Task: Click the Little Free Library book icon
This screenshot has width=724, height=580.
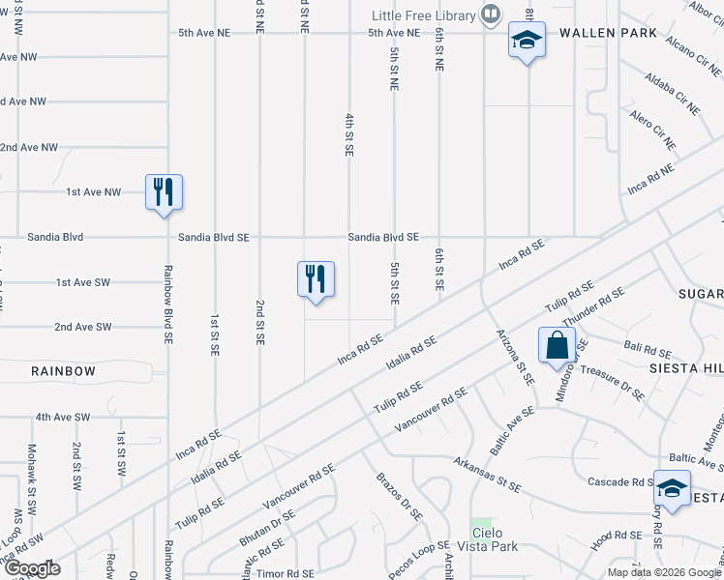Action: [x=492, y=14]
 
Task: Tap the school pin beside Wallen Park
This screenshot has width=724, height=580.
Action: [x=527, y=41]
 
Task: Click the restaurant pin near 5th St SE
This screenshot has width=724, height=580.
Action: [x=316, y=279]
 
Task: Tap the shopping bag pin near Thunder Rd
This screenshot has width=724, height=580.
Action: [x=558, y=345]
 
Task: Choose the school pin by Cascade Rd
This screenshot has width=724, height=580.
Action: [x=672, y=486]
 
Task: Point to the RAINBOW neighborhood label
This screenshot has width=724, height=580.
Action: [x=63, y=371]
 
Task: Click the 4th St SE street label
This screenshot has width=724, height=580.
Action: [x=347, y=134]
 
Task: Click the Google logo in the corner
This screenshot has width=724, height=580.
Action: [x=32, y=568]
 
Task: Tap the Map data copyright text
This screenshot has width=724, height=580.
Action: [x=664, y=572]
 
